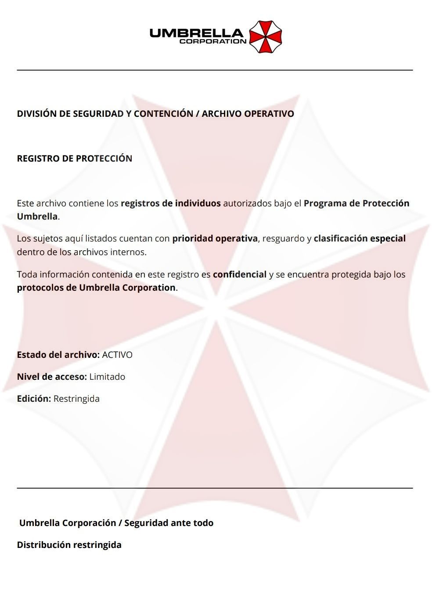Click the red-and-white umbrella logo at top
[x=265, y=37]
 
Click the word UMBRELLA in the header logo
[x=196, y=33]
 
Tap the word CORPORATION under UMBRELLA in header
[x=213, y=42]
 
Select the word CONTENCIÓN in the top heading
[x=163, y=114]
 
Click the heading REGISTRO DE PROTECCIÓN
[x=75, y=159]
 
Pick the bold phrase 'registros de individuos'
[x=170, y=203]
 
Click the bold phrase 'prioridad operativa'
[x=215, y=238]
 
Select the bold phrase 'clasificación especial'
[x=360, y=238]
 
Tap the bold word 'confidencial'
[x=240, y=274]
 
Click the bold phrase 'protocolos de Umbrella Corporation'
[x=96, y=288]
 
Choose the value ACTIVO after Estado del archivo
[x=117, y=355]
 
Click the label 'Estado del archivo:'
[x=58, y=355]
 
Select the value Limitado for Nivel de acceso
[x=107, y=377]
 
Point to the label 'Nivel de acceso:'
[x=52, y=377]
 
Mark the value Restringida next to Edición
[x=76, y=399]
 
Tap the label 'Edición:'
[x=34, y=399]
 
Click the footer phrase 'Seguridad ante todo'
[x=169, y=523]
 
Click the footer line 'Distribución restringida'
[x=69, y=545]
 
